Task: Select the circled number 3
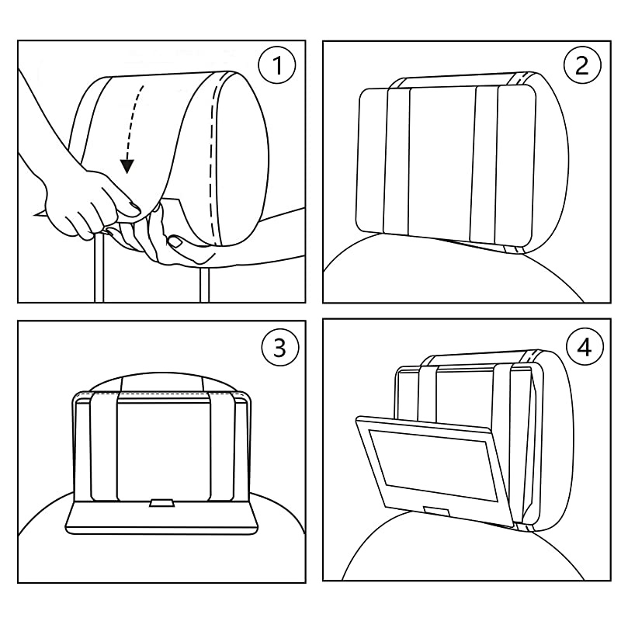(278, 348)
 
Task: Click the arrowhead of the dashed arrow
(128, 165)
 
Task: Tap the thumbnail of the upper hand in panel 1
(132, 206)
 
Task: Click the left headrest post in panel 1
(97, 268)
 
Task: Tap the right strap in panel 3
(222, 446)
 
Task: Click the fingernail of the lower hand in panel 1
(177, 241)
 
